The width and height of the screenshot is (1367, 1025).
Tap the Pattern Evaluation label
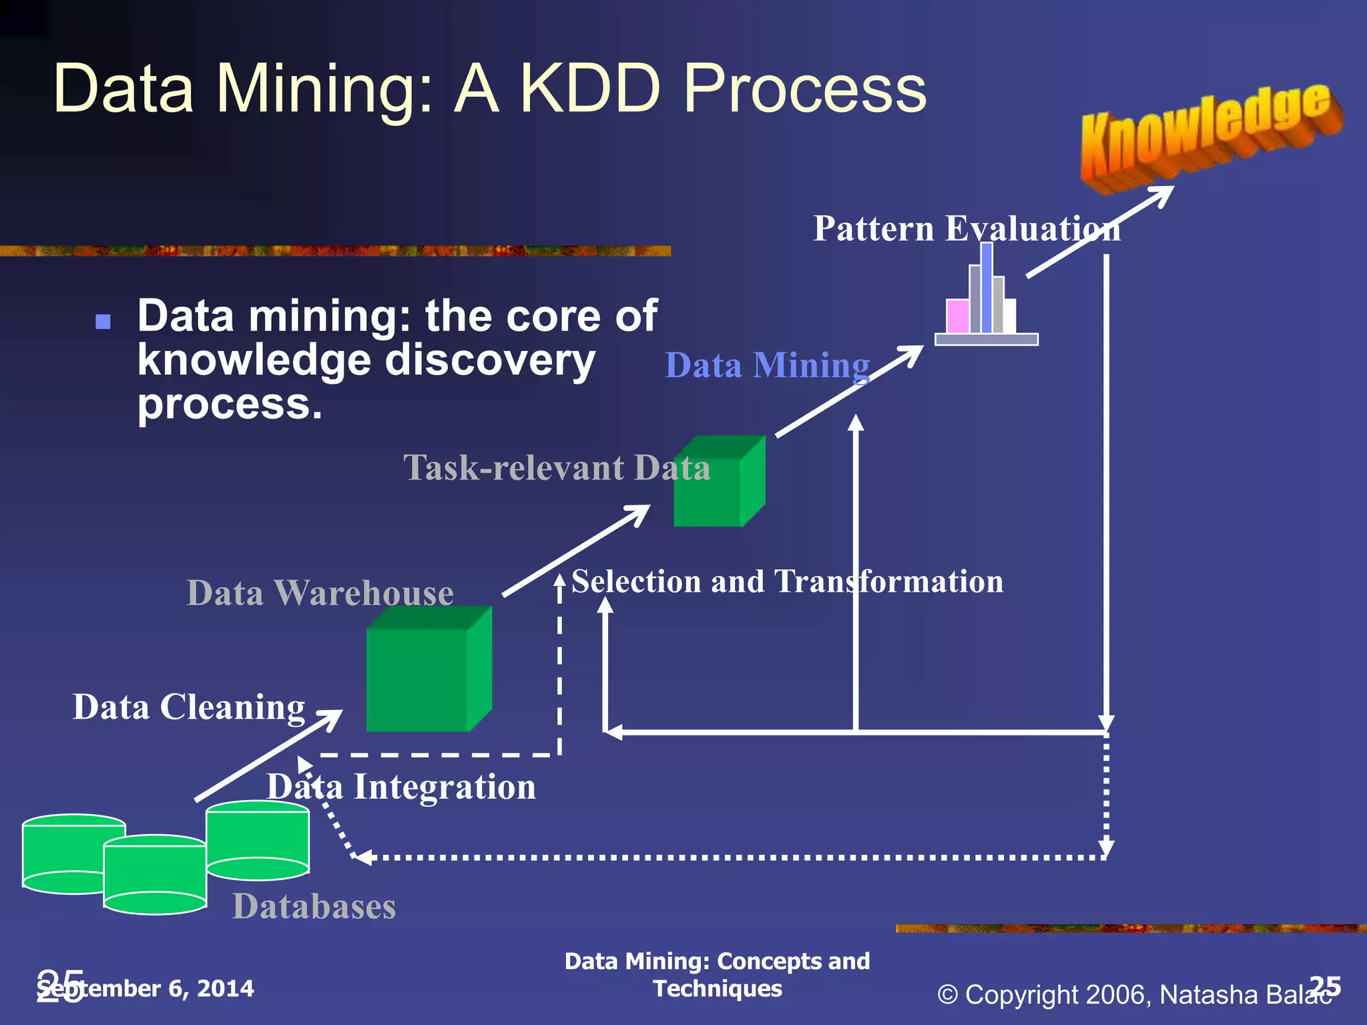pyautogui.click(x=967, y=229)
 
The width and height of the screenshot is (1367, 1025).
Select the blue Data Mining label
pyautogui.click(x=768, y=366)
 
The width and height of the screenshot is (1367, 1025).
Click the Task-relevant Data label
pyautogui.click(x=557, y=467)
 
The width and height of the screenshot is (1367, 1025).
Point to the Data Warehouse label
pyautogui.click(x=320, y=593)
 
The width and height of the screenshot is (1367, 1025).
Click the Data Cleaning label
pyautogui.click(x=189, y=707)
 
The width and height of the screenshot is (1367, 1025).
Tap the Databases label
pyautogui.click(x=314, y=906)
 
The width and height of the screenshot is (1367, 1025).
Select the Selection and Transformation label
pyautogui.click(x=787, y=581)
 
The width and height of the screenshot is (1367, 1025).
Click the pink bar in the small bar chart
pyautogui.click(x=958, y=316)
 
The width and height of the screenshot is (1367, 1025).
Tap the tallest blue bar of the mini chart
pyautogui.click(x=987, y=287)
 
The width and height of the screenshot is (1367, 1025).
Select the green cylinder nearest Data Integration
pyautogui.click(x=257, y=841)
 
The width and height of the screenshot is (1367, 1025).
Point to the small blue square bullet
pyautogui.click(x=103, y=322)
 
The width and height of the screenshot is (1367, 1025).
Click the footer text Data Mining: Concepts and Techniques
pyautogui.click(x=717, y=974)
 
